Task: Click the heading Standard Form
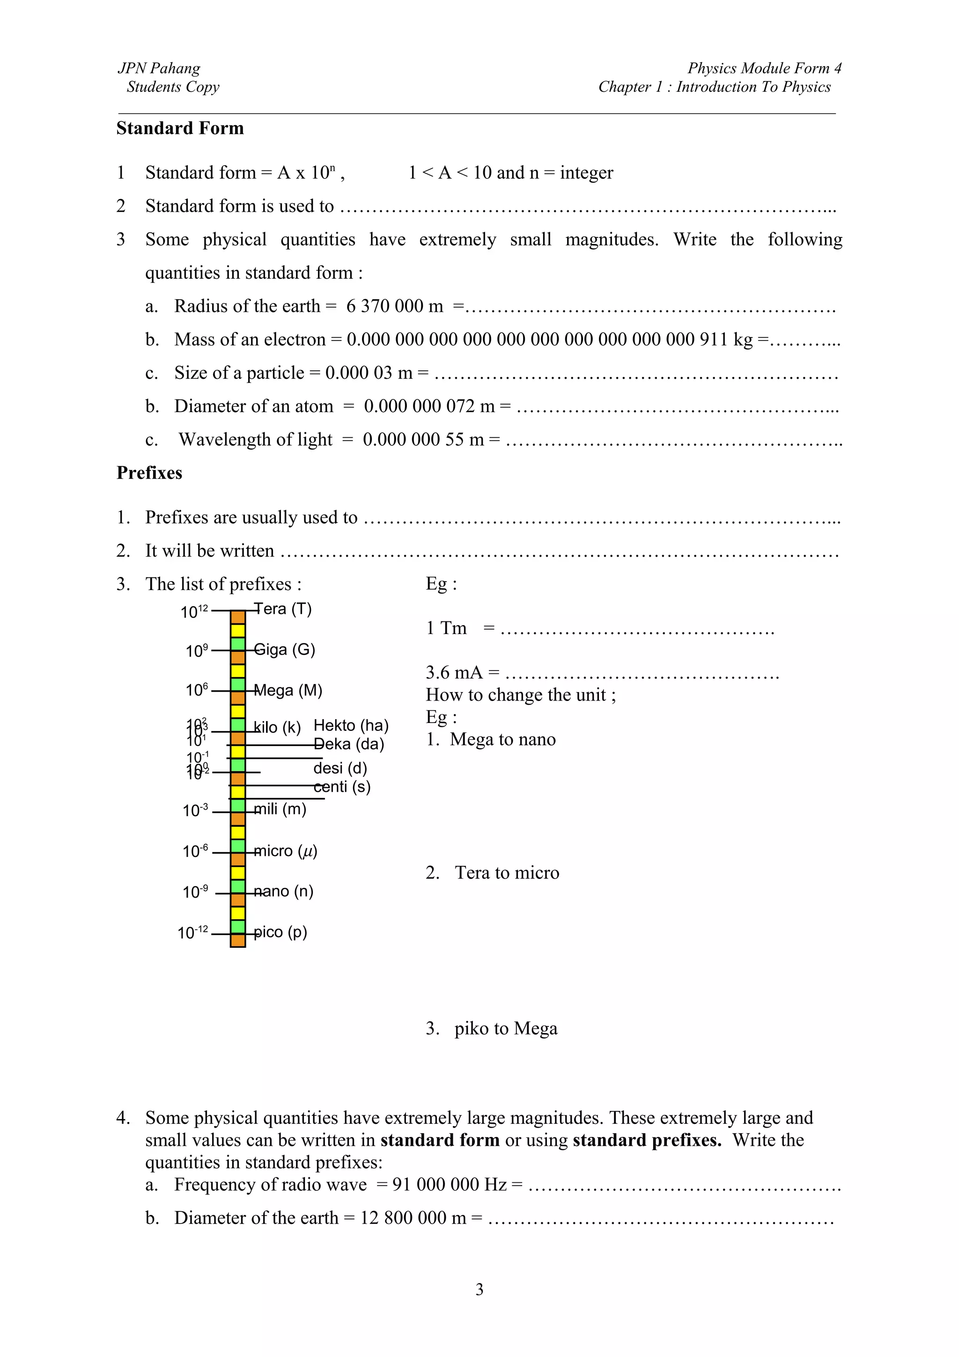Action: (180, 128)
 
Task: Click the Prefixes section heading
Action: (149, 473)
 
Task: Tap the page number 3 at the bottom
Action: (479, 1289)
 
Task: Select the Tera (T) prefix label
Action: (282, 609)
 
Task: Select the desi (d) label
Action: (340, 768)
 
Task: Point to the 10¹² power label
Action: (194, 612)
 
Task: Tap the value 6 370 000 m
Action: (394, 306)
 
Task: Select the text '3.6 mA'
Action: (454, 672)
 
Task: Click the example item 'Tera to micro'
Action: (506, 873)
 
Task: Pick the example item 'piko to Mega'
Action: (505, 1028)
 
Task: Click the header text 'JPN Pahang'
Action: (159, 68)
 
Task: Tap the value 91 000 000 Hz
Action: (449, 1185)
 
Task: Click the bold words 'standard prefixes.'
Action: (646, 1140)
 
